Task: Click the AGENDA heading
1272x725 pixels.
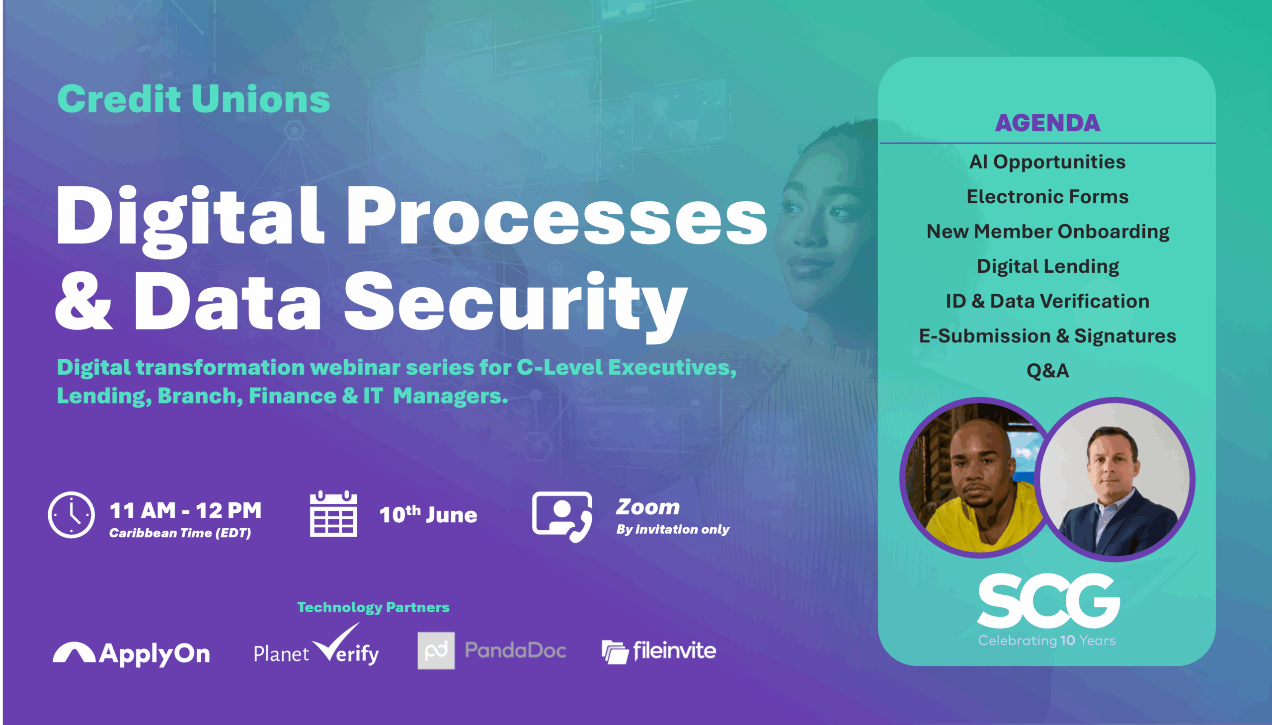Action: [x=1047, y=123]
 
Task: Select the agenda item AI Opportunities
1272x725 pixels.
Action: [x=1047, y=162]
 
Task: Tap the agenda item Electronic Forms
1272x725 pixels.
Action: [x=1047, y=197]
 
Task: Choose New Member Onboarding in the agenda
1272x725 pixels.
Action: [x=1047, y=232]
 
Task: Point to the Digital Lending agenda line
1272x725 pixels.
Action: [x=1047, y=266]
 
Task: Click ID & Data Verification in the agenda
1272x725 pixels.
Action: [x=1047, y=301]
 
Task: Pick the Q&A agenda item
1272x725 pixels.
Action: [x=1047, y=371]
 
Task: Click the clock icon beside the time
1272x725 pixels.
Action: [x=71, y=515]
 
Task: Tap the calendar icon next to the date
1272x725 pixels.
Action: [x=333, y=513]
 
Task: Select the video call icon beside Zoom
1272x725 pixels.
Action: [x=562, y=516]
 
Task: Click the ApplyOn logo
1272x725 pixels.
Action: [x=132, y=653]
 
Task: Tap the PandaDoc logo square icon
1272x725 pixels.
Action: [x=436, y=650]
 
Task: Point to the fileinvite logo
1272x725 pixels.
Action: [x=659, y=651]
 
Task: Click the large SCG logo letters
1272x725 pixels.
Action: [x=1048, y=600]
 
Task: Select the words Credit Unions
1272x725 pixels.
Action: [x=194, y=98]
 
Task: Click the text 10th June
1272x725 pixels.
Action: [x=428, y=514]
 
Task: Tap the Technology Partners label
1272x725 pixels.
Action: [x=373, y=607]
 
